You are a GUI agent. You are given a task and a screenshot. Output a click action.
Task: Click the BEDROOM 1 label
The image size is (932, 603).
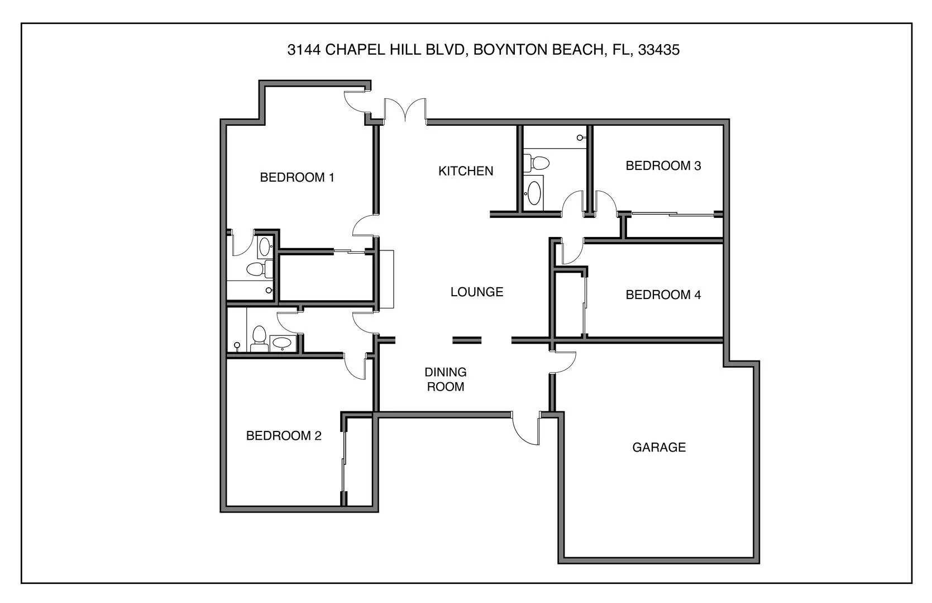[x=297, y=178]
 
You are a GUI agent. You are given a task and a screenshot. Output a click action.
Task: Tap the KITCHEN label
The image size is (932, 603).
[x=465, y=171]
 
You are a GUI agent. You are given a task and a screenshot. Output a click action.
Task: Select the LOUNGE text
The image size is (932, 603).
[x=476, y=292]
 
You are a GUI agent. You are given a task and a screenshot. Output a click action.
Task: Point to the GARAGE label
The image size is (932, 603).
[x=658, y=447]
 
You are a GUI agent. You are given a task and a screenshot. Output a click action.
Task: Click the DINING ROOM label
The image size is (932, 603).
[x=445, y=379]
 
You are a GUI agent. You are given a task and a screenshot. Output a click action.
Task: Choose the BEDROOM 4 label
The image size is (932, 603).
[x=663, y=295]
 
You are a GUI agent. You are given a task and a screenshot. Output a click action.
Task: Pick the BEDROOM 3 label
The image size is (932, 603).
[x=663, y=165]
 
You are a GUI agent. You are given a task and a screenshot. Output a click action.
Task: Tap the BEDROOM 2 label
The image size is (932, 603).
[x=284, y=435]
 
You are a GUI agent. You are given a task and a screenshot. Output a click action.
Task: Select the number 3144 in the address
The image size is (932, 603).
[x=304, y=50]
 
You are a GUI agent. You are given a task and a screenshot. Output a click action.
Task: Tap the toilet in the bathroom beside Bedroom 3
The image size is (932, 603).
[x=538, y=163]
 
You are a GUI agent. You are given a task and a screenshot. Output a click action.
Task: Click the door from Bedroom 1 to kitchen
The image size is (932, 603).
[x=364, y=226]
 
